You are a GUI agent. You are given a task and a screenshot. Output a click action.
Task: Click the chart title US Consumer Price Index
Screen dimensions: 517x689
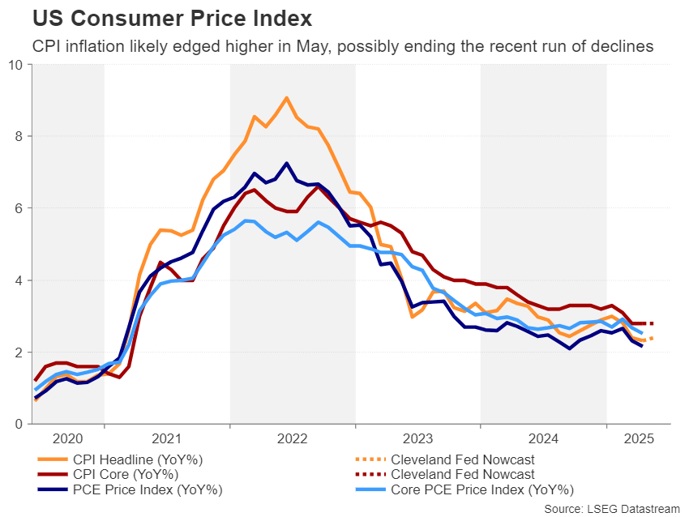pyautogui.click(x=160, y=18)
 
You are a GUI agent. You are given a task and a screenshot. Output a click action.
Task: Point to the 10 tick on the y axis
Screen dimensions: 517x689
pyautogui.click(x=15, y=64)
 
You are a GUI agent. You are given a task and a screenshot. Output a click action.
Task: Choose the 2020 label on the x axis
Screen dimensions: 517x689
pyautogui.click(x=68, y=438)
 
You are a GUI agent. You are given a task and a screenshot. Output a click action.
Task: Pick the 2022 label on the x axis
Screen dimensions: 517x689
pyautogui.click(x=292, y=438)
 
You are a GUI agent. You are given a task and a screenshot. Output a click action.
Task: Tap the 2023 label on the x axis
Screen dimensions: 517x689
pyautogui.click(x=417, y=438)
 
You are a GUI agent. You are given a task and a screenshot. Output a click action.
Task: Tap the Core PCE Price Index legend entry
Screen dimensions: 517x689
pyautogui.click(x=482, y=489)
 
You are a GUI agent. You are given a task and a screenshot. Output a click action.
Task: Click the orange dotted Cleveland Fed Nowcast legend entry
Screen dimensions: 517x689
pyautogui.click(x=462, y=459)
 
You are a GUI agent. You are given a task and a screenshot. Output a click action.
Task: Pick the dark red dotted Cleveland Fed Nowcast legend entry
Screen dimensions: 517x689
pyautogui.click(x=462, y=474)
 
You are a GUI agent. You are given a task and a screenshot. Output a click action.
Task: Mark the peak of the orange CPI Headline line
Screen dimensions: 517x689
pyautogui.click(x=287, y=98)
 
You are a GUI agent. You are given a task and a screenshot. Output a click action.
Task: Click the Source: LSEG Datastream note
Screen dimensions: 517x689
pyautogui.click(x=610, y=508)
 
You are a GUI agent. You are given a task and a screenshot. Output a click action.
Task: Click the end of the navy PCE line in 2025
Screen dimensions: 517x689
pyautogui.click(x=643, y=346)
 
